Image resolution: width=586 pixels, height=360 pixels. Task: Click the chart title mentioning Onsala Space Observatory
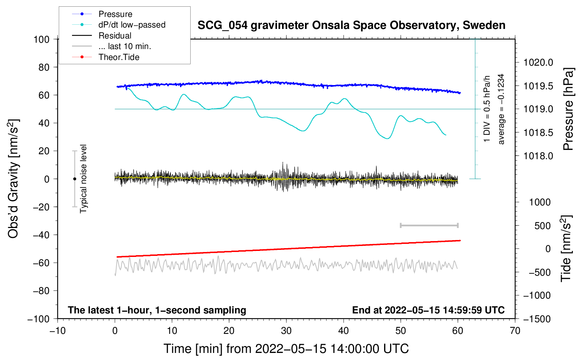coord(351,25)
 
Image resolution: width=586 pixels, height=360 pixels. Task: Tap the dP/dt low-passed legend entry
coord(132,25)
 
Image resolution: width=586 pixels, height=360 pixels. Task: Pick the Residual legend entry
coord(115,36)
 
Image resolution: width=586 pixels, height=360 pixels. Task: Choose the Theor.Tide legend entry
coord(119,57)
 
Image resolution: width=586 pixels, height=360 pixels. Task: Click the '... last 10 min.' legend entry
coord(125,46)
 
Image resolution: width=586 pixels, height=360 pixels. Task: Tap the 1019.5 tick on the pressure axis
coord(538,86)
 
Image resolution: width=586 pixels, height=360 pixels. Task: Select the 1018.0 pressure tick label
coord(538,156)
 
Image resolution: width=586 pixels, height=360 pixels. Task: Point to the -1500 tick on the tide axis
coord(537,319)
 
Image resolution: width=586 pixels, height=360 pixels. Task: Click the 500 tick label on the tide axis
coord(542,226)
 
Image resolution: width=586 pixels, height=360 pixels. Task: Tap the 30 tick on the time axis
coord(286,331)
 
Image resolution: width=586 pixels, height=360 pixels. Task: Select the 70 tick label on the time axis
coord(515,331)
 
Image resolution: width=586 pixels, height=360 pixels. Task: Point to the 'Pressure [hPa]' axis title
coord(568,109)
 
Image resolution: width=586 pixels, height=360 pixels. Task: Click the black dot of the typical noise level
coord(74,179)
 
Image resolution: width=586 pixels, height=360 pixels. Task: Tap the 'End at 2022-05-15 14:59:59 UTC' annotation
coord(428,310)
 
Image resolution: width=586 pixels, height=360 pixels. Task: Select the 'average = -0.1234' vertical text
coord(501,109)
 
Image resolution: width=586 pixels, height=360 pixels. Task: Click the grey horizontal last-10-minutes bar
coord(429,226)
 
